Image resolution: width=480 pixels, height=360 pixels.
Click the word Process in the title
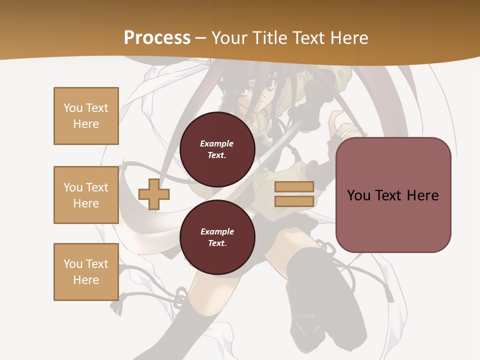click(x=157, y=38)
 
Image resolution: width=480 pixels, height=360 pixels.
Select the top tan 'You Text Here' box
click(x=86, y=116)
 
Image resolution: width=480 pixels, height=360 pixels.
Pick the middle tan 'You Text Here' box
click(x=86, y=195)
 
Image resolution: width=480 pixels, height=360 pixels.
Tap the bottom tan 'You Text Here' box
click(x=86, y=272)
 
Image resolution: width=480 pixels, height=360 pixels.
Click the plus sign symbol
click(x=153, y=194)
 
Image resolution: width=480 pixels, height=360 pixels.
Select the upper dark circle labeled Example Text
click(x=217, y=149)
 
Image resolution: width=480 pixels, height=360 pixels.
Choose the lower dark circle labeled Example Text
click(x=217, y=237)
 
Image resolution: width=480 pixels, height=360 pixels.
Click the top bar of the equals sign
click(x=294, y=187)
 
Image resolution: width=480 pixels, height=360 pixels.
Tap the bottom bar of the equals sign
click(x=294, y=201)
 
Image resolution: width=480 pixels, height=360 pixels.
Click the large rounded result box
click(x=393, y=195)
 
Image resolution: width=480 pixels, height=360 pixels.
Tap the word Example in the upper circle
click(x=217, y=143)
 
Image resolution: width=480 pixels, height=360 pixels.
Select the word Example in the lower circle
click(x=217, y=231)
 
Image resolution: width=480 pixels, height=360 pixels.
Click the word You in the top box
click(x=73, y=108)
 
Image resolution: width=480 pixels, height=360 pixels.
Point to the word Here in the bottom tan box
click(x=86, y=280)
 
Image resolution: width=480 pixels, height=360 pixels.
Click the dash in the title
click(x=200, y=38)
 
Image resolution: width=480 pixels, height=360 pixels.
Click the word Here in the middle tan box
click(x=86, y=203)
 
